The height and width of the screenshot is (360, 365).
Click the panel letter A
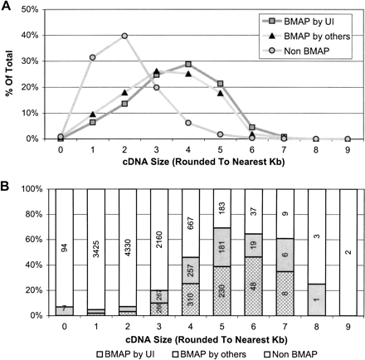click(x=7, y=7)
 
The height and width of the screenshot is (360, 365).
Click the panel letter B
click(x=7, y=181)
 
